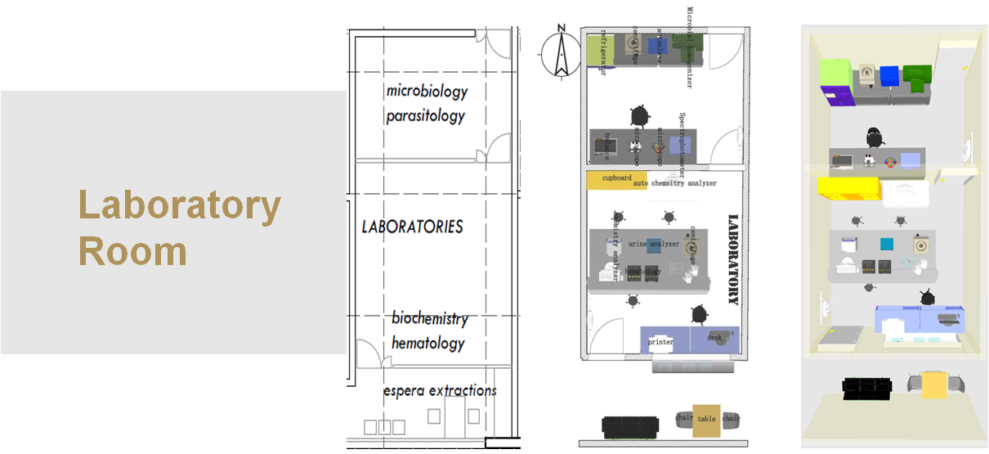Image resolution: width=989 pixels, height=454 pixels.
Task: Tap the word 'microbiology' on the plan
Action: [427, 90]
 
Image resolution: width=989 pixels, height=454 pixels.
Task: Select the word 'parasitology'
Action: [425, 115]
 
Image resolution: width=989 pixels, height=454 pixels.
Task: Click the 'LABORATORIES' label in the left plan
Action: [412, 227]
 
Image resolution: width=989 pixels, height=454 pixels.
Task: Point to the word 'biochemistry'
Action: [429, 318]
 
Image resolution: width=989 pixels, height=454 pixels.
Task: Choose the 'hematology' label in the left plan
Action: [427, 344]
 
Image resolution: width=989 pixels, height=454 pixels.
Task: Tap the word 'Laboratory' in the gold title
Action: [180, 205]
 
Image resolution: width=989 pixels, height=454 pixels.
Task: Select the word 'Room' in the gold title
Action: [132, 251]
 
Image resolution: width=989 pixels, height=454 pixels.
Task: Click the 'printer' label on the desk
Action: [660, 341]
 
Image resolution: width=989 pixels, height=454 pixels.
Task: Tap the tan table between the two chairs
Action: [706, 418]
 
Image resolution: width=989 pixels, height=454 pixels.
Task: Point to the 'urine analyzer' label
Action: [653, 244]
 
